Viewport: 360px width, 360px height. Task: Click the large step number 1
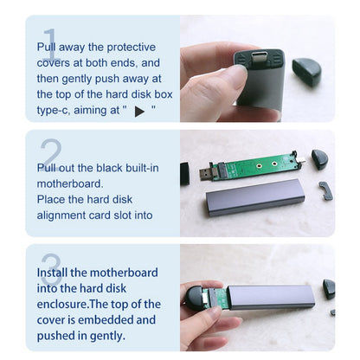click(x=51, y=44)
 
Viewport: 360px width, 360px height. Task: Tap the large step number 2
click(x=52, y=154)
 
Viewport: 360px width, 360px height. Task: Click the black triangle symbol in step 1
click(x=139, y=112)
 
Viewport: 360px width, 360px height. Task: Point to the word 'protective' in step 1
click(x=132, y=48)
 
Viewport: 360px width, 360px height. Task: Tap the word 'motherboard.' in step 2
click(x=70, y=183)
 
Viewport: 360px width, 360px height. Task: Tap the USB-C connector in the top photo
click(x=259, y=57)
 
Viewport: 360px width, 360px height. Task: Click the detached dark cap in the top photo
click(x=306, y=72)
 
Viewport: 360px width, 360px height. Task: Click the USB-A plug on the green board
click(x=206, y=174)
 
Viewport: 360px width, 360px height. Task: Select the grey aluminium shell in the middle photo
click(x=255, y=197)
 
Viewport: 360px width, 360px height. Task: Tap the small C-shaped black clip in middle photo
click(x=326, y=191)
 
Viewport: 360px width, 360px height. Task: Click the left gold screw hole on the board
click(x=259, y=165)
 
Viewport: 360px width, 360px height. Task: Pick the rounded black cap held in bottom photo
click(x=196, y=299)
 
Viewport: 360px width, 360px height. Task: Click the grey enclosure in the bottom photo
click(x=271, y=297)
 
